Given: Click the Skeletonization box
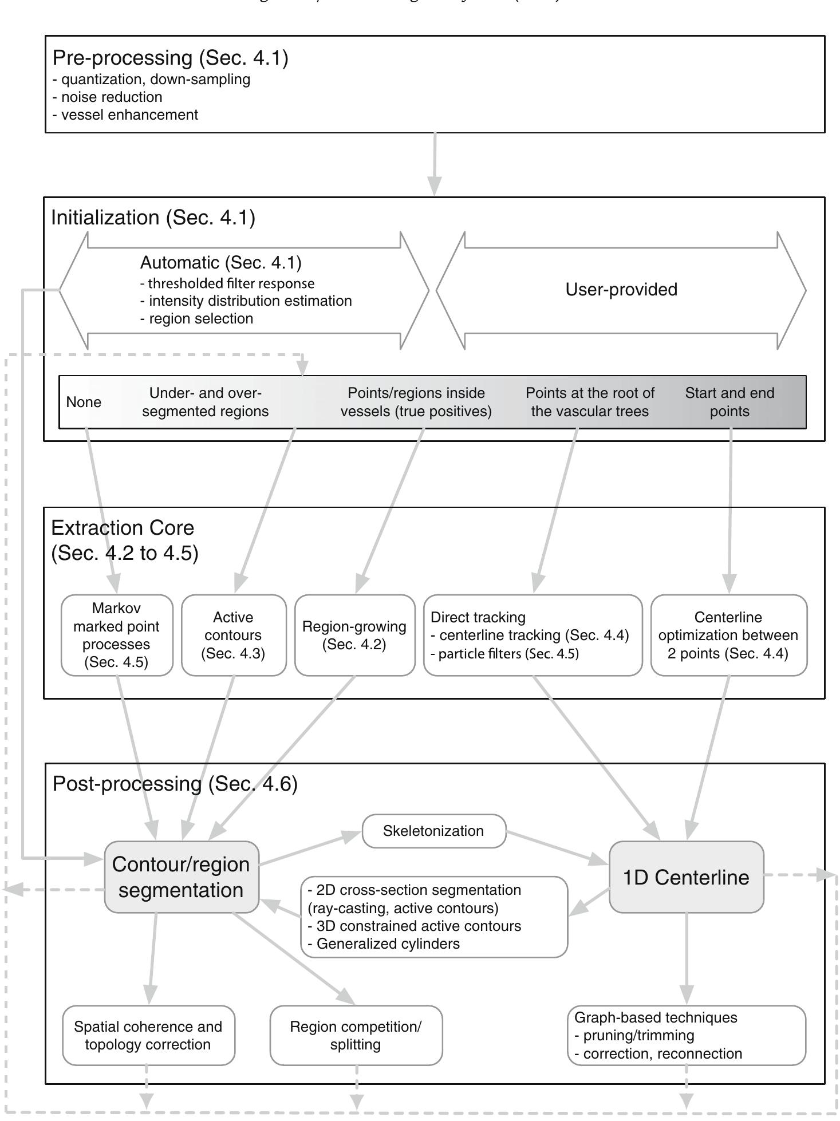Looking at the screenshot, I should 433,831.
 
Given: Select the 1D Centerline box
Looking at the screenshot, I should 686,877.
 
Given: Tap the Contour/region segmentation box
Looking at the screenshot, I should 181,877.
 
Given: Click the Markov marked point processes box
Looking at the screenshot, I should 117,635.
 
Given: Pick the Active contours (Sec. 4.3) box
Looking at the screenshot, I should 233,635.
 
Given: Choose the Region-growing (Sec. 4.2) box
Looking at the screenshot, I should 354,635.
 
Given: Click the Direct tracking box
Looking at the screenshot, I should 533,635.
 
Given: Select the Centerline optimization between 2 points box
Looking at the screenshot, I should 728,635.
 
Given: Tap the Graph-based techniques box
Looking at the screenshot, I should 686,1035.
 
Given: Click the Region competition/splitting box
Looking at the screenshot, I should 356,1035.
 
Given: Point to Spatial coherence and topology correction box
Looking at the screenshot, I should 148,1035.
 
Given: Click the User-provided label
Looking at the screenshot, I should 621,290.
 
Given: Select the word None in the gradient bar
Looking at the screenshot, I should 84,402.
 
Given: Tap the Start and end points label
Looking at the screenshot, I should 729,402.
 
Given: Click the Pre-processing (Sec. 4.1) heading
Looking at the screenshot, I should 171,58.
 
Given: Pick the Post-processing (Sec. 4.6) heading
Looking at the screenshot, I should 175,784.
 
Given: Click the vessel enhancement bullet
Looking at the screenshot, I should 129,115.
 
